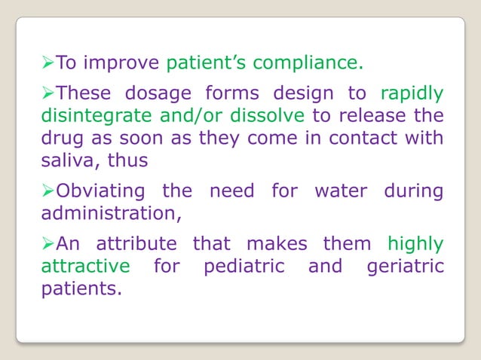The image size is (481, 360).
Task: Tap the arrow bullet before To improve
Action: click(46, 61)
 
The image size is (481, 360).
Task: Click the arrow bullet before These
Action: click(46, 94)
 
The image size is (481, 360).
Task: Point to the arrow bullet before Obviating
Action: click(46, 191)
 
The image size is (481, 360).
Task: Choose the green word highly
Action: click(415, 245)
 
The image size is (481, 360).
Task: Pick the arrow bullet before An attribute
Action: click(46, 245)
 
